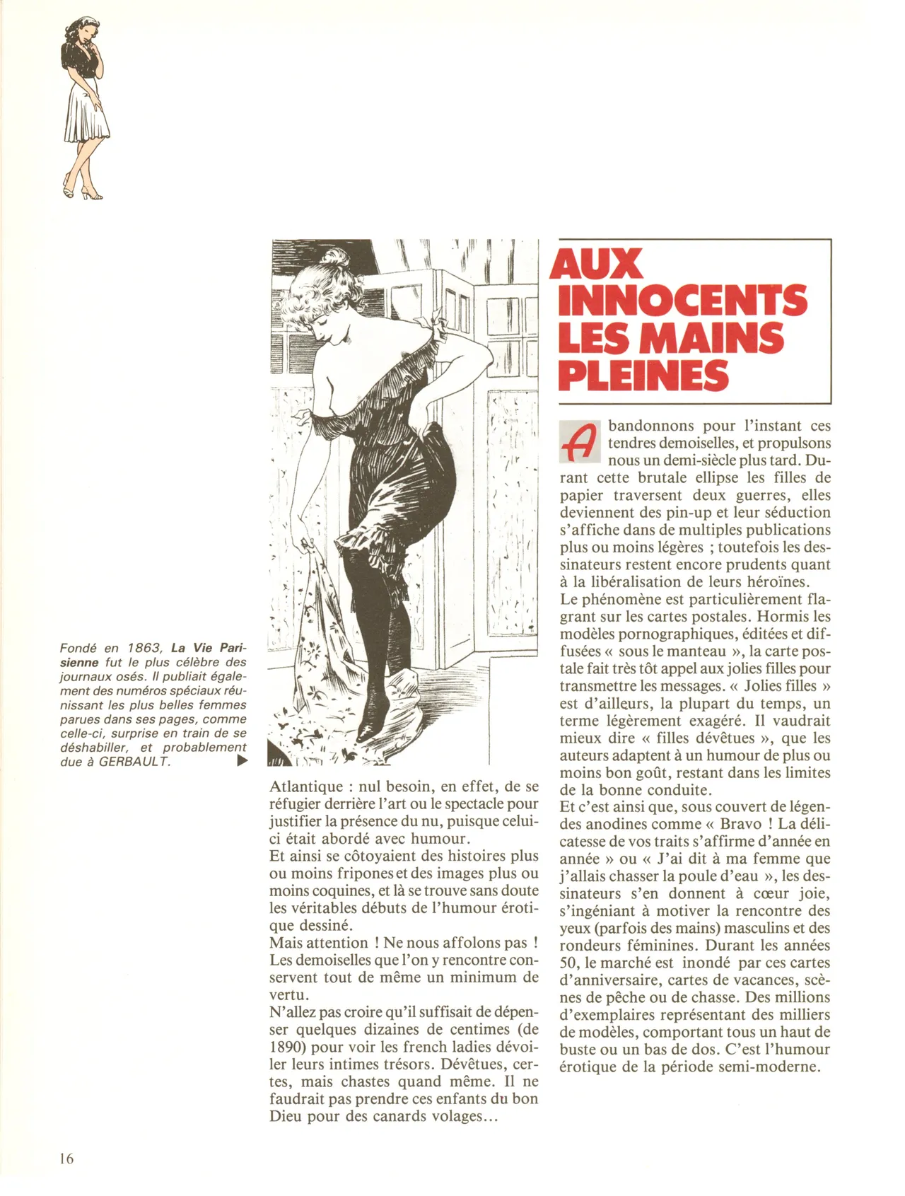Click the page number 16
67,1159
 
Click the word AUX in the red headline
597,265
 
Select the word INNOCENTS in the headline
682,301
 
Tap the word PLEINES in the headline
643,376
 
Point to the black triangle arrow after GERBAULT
243,761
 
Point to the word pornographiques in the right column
666,634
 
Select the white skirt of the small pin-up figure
86,113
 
